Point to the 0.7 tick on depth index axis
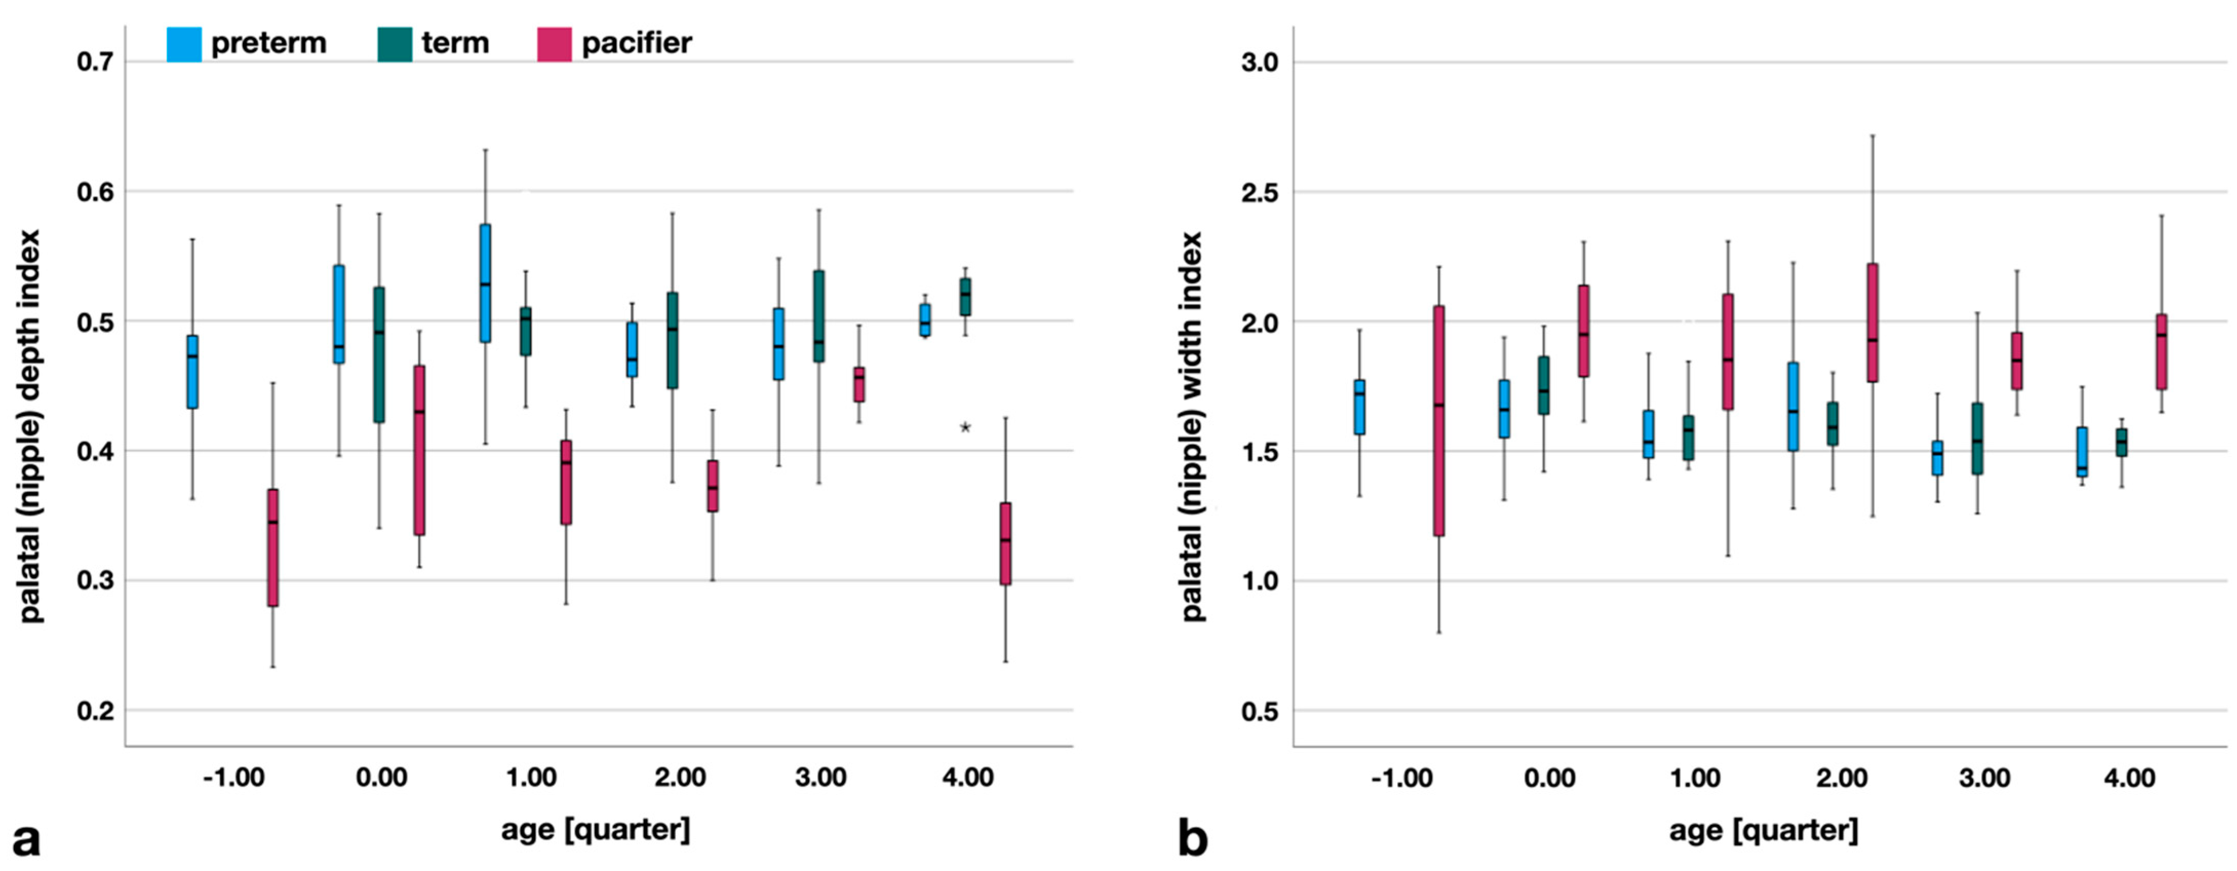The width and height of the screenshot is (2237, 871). [x=95, y=62]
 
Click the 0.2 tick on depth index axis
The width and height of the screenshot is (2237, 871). [x=95, y=711]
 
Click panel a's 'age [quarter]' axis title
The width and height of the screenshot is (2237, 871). [x=596, y=829]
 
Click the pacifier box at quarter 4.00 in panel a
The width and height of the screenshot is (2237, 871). [x=1006, y=544]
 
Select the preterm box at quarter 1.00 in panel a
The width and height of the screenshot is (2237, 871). [x=485, y=283]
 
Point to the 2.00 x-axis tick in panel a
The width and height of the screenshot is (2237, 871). [x=679, y=777]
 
